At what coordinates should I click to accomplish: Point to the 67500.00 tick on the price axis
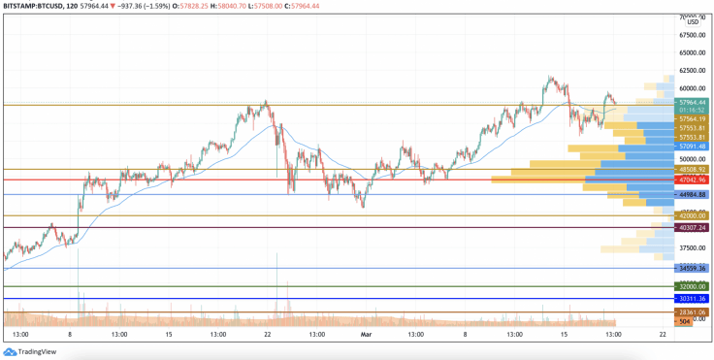(692, 35)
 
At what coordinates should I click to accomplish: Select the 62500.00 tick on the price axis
(692, 71)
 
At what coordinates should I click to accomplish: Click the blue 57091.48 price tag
(692, 147)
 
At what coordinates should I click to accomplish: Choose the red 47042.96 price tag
(692, 180)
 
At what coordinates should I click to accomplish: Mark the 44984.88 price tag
(692, 194)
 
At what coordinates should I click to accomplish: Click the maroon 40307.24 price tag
(692, 227)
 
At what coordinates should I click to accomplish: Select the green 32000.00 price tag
(692, 286)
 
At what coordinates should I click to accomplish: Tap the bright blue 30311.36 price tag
(692, 299)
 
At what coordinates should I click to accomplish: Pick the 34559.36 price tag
(692, 268)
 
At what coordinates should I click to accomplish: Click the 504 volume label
(684, 320)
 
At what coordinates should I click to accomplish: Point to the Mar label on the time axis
(366, 334)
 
